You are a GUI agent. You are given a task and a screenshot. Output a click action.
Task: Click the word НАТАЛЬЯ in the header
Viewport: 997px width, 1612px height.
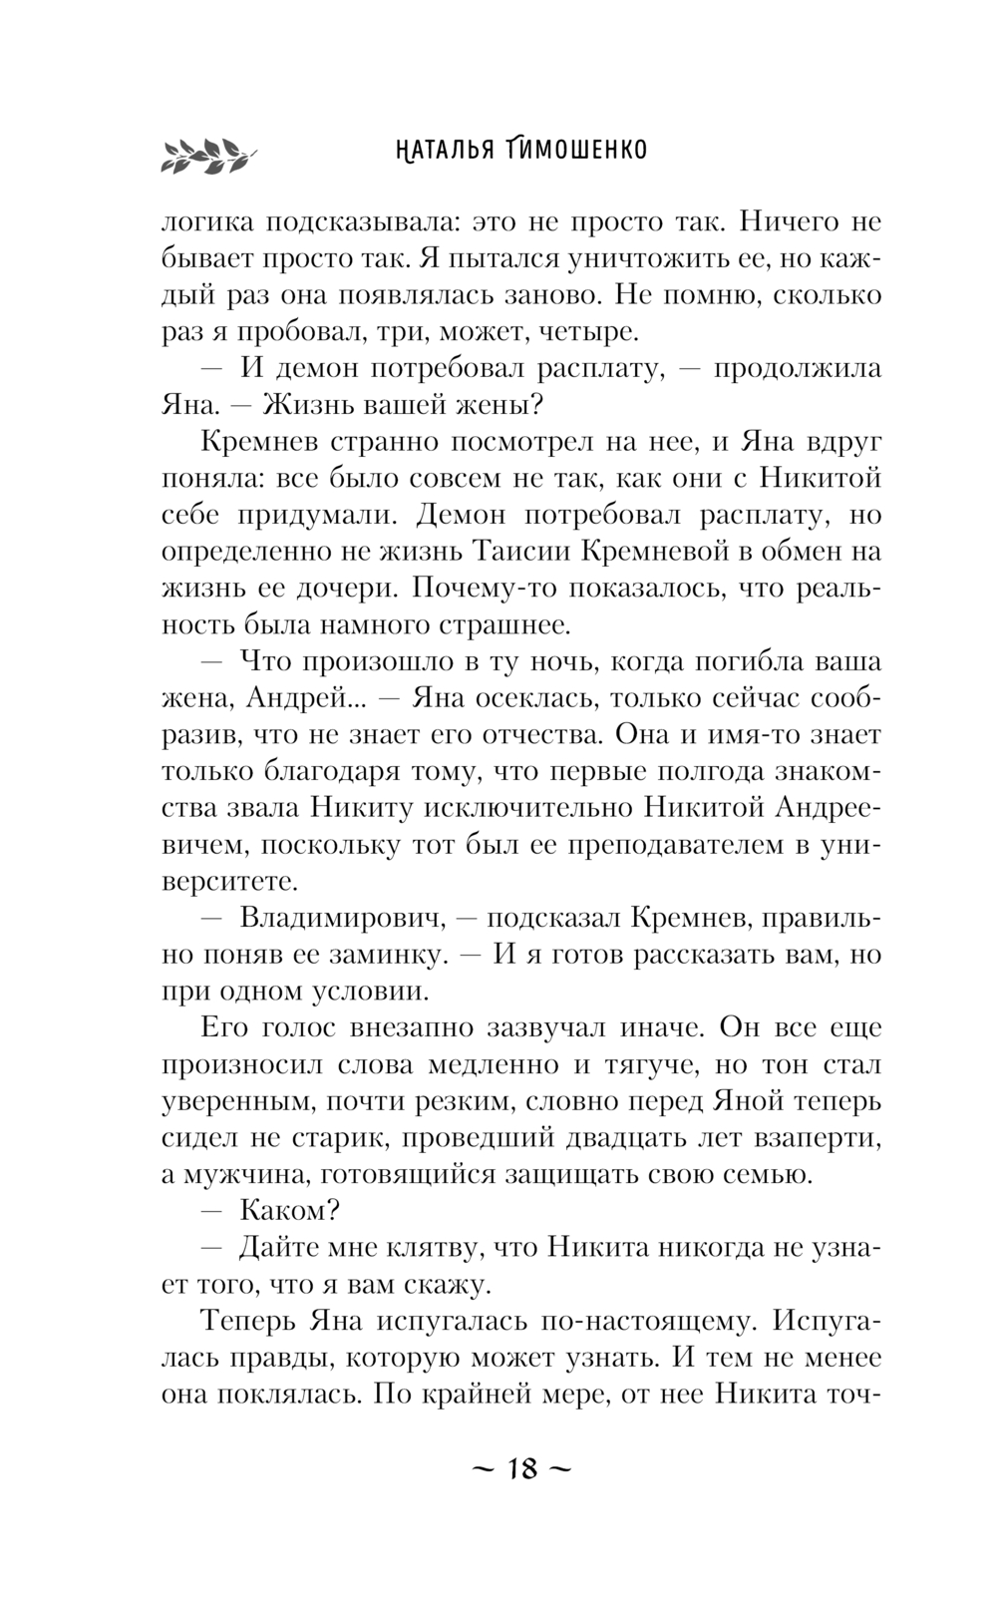point(438,150)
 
